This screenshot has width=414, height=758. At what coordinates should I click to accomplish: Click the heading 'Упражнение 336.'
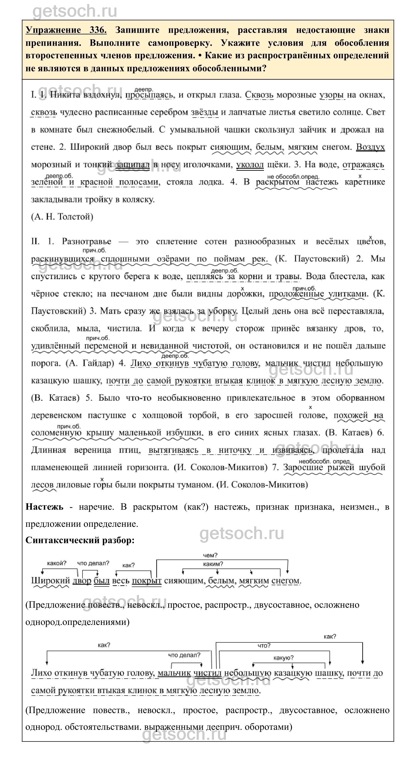coord(66,30)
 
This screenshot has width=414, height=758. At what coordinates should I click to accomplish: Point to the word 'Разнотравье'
coord(87,242)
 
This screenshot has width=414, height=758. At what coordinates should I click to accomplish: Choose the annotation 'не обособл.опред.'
coord(293,177)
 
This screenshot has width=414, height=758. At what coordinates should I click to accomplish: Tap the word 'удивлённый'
coord(55,346)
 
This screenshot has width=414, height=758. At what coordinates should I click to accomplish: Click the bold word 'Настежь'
coord(44,507)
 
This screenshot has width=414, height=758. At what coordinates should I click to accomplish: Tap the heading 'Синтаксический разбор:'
coord(80,540)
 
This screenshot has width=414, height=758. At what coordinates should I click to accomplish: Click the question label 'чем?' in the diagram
coord(210,555)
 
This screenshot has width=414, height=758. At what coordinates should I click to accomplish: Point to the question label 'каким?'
coord(213,564)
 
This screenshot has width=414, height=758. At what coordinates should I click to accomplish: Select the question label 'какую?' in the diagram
coord(283,658)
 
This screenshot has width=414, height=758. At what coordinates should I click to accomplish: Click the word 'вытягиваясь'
coord(173,450)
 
